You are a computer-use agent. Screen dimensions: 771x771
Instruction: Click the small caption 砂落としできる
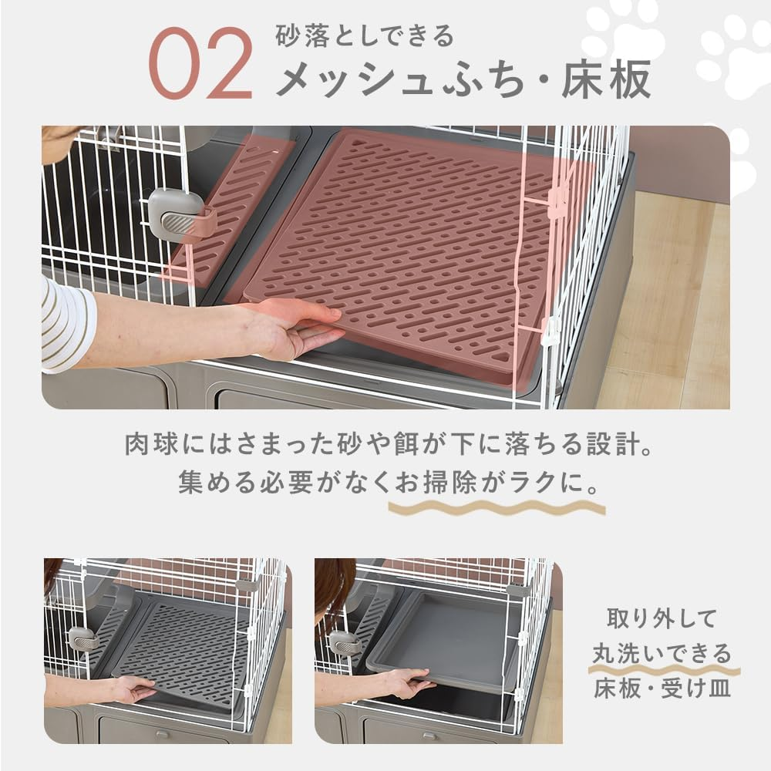(365, 36)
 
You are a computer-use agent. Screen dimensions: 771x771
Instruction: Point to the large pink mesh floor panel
(409, 247)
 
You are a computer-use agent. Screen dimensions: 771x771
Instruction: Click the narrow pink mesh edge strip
(231, 208)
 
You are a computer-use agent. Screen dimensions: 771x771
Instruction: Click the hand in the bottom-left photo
(131, 689)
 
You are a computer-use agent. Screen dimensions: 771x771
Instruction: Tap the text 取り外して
(662, 619)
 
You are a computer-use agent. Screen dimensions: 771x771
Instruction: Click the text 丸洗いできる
(662, 654)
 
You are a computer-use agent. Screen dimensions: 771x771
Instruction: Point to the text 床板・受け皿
(662, 689)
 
